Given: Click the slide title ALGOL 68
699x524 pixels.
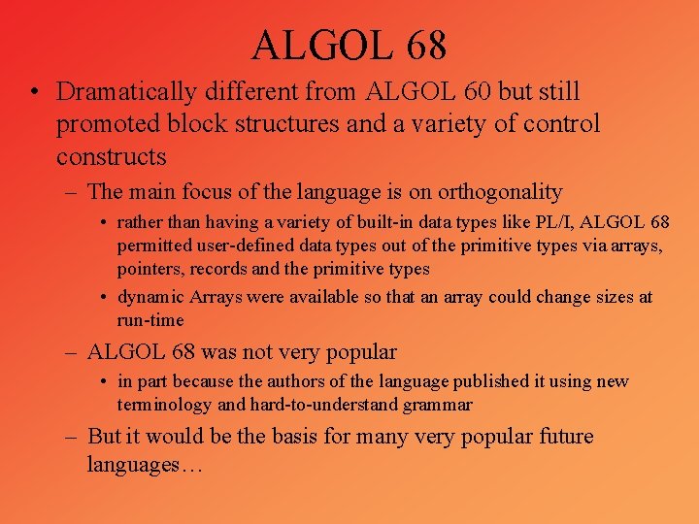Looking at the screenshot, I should pos(349,44).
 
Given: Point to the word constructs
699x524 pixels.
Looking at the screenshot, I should pos(112,156).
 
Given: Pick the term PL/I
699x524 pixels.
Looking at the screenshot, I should pos(552,224).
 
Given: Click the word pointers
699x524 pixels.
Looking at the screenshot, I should pos(150,269).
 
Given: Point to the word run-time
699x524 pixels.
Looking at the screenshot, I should pos(150,319).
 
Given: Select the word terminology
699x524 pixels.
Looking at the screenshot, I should pos(166,404).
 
